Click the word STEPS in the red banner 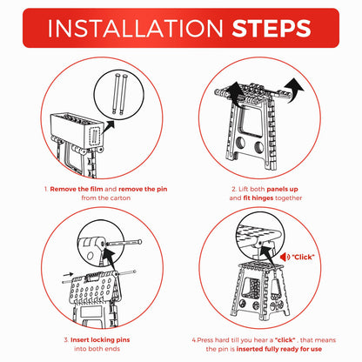coord(271,28)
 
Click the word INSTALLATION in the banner coord(135,28)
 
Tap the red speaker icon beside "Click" coord(285,257)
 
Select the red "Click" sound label coord(303,257)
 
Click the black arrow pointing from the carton coord(108,127)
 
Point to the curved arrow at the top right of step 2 coord(293,90)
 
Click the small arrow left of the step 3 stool coord(68,274)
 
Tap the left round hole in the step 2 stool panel coord(241,143)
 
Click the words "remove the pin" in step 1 coord(143,189)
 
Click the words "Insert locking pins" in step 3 coord(100,340)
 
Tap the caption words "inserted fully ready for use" coord(279,349)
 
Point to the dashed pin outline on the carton coord(95,136)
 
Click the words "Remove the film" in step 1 coord(77,189)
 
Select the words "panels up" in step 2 coord(282,189)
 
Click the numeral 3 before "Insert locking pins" coord(66,340)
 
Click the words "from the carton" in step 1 coord(106,198)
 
